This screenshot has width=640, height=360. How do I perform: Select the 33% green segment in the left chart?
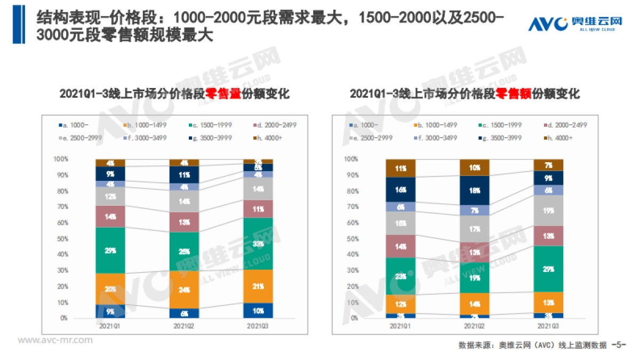(257, 244)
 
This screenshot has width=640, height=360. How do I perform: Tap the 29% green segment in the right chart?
(548, 269)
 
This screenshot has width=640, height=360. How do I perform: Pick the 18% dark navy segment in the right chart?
(475, 190)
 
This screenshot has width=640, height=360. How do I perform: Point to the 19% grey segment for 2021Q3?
(548, 210)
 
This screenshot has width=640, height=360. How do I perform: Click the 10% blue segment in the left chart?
(257, 310)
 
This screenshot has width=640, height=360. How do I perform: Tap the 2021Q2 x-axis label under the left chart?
(183, 325)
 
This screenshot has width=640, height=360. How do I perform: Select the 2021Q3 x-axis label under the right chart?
(548, 325)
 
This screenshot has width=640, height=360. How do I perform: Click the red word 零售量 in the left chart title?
(223, 94)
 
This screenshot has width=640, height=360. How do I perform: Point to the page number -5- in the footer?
(619, 345)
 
